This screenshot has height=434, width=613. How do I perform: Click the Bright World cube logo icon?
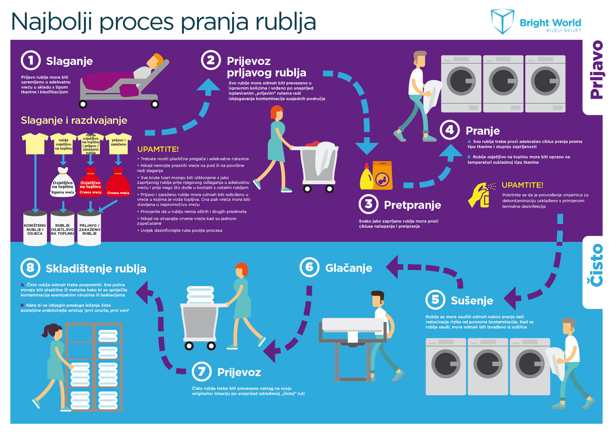tap(502, 21)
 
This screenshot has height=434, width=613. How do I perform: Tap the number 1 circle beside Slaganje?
tap(31, 60)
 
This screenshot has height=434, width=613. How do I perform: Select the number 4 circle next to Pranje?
tap(450, 130)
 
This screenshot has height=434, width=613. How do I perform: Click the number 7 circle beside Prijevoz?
tap(201, 371)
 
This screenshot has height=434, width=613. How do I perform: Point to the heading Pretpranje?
tap(412, 205)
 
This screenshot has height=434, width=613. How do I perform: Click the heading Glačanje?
tap(348, 268)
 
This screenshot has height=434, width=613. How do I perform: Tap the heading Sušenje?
tap(472, 300)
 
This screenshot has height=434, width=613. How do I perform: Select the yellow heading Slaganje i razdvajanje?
tap(74, 120)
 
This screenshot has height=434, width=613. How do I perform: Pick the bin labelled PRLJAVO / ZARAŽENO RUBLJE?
tap(89, 228)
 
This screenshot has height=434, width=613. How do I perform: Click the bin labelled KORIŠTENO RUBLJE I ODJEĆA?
tap(35, 228)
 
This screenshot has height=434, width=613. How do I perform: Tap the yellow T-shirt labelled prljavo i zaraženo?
tap(118, 143)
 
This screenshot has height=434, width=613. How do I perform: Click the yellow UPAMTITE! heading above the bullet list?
tap(158, 149)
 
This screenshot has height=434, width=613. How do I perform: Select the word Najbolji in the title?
tap(52, 22)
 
